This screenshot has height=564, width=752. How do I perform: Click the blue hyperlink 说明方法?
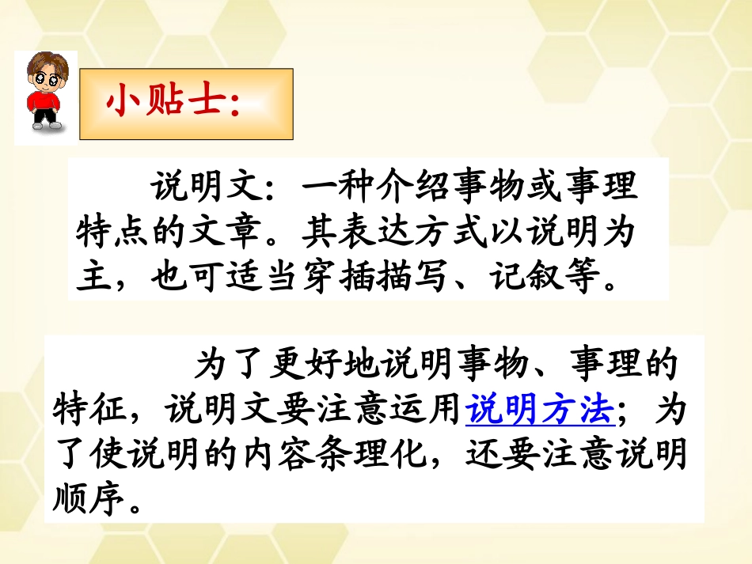(541, 410)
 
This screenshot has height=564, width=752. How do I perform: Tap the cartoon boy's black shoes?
(44, 124)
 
